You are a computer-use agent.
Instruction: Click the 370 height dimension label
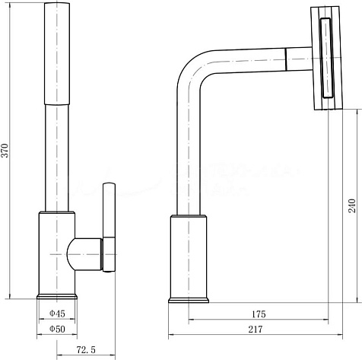[x=5, y=151]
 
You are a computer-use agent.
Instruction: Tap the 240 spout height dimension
[x=351, y=205]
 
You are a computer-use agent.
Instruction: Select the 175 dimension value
[x=259, y=314]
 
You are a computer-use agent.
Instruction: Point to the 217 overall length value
[x=256, y=330]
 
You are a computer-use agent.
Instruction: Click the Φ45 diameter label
[x=57, y=314]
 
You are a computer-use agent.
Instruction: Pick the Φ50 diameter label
[x=57, y=329]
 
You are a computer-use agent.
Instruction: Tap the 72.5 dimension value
[x=86, y=350]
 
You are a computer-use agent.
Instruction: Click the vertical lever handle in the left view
[x=110, y=227]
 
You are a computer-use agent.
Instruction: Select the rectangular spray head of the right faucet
[x=326, y=58]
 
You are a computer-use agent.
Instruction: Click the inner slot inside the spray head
[x=326, y=58]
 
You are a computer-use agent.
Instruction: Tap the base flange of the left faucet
[x=57, y=297]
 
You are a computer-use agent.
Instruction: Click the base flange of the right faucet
[x=189, y=300]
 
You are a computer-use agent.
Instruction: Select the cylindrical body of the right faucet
[x=189, y=256]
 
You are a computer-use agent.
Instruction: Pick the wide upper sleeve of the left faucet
[x=57, y=53]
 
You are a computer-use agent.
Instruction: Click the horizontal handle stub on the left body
[x=84, y=254]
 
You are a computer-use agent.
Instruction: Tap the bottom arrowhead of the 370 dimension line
[x=10, y=296]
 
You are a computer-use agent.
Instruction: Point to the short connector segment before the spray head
[x=299, y=59]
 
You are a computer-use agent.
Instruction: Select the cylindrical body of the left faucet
[x=57, y=253]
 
